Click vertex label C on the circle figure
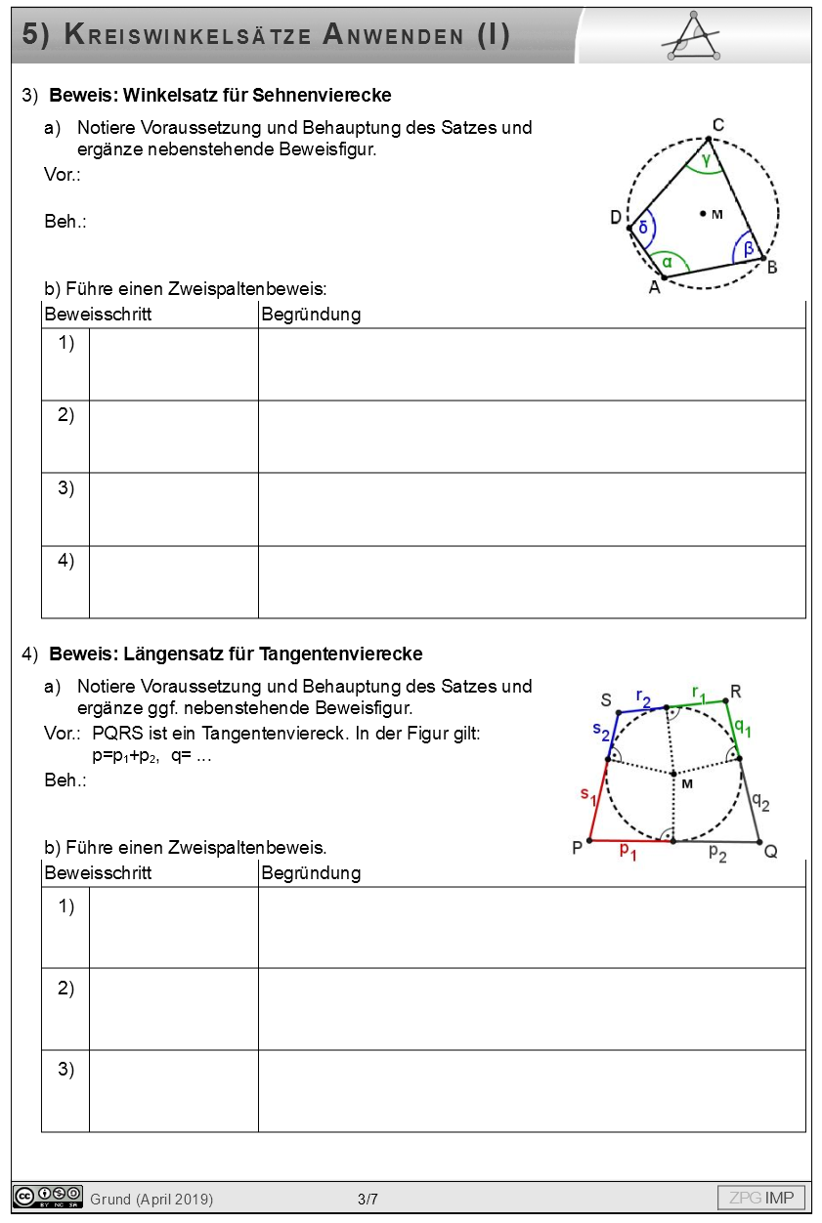click(717, 125)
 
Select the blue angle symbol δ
click(642, 229)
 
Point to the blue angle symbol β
click(749, 249)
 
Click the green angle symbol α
click(668, 262)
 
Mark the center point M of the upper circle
click(703, 213)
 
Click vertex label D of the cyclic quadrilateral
click(616, 217)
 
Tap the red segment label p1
click(628, 852)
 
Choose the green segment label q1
click(744, 728)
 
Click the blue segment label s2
click(601, 731)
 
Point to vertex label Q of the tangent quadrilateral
click(771, 852)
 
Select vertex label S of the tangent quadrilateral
click(606, 699)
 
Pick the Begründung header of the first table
click(311, 315)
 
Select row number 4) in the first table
click(65, 560)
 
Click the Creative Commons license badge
click(48, 1197)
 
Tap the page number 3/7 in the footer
click(368, 1199)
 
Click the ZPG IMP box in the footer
click(761, 1198)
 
